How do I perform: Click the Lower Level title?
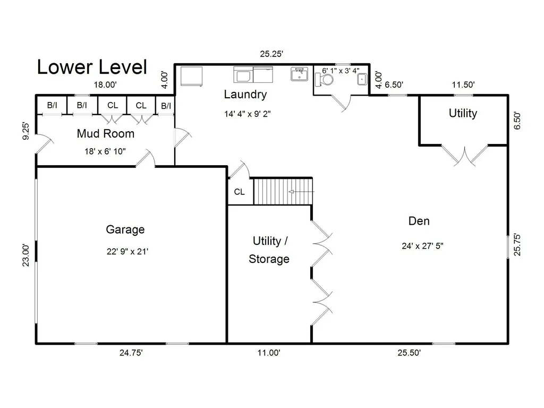coord(92,67)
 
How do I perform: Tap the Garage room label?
coord(125,229)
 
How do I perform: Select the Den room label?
coord(419,221)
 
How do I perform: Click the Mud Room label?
coord(106,133)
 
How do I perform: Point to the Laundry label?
coord(245,95)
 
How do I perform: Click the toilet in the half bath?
coord(324,80)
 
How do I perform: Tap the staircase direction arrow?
coord(302,191)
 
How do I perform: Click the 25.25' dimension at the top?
coord(271,54)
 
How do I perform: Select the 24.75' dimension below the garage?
coord(131,353)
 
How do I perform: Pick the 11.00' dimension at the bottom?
coord(269,353)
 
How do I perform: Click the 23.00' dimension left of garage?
coord(26,256)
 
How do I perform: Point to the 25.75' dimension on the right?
coord(517,245)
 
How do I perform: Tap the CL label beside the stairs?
coord(240,192)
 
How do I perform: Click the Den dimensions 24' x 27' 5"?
coord(422,246)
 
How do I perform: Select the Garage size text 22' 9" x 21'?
coord(127,251)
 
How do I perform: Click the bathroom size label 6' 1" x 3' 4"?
coord(341,71)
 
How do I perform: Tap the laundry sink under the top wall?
coord(299,74)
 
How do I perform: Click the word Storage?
coord(269,259)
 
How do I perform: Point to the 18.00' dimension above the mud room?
coord(105,84)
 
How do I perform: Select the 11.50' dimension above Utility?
coord(463,84)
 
